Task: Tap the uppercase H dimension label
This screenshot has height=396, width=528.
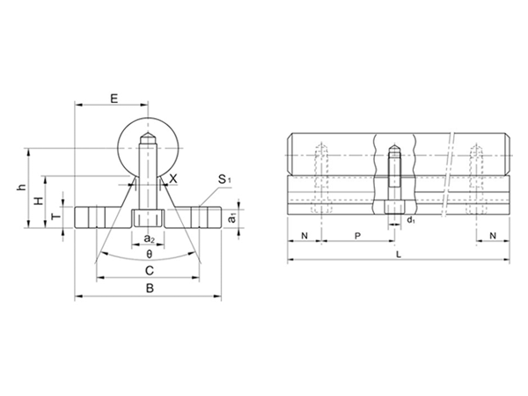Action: (38, 202)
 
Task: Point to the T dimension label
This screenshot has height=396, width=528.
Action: (55, 216)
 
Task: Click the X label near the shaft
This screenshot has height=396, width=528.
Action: (173, 179)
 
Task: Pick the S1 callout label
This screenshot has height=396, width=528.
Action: (224, 180)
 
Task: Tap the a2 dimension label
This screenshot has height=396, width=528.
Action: (149, 238)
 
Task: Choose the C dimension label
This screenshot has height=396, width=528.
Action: (149, 269)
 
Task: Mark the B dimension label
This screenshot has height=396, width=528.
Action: (149, 288)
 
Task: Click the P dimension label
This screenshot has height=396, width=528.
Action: (356, 237)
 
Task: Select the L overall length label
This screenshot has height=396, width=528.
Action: (399, 253)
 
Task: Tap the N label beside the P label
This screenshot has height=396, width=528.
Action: (304, 237)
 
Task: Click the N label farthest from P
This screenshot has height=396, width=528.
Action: (492, 237)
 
